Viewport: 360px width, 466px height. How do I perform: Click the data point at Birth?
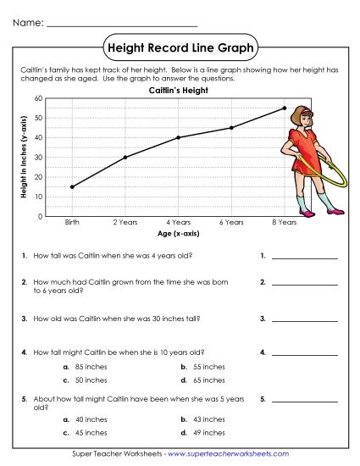[72, 186]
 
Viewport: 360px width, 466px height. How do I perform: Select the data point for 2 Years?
[125, 157]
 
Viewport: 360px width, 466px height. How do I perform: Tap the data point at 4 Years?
[178, 137]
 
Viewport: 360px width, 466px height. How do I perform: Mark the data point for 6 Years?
[231, 128]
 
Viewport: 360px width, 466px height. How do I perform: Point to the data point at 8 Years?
[284, 108]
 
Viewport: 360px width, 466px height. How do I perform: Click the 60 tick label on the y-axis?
[38, 98]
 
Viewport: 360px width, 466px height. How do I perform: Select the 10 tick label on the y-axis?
[38, 197]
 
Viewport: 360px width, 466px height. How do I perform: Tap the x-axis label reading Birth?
[72, 222]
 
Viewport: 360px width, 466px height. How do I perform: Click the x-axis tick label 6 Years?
[231, 222]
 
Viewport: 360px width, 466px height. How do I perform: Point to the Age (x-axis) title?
[178, 232]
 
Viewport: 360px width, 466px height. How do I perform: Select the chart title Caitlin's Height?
[178, 89]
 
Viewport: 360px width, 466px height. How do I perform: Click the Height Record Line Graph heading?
[179, 48]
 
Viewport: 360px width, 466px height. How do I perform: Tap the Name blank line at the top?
[122, 24]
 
